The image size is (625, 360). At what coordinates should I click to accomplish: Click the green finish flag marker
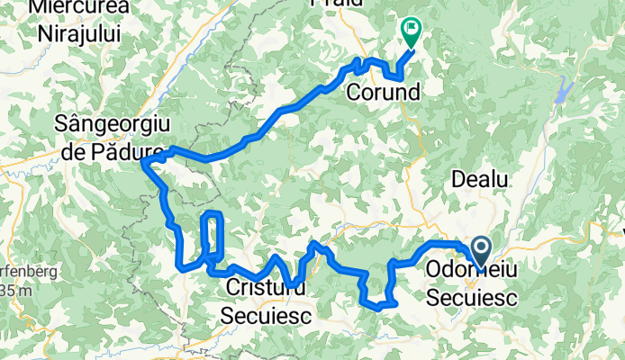[x=412, y=32]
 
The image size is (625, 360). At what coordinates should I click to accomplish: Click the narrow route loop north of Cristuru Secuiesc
[x=213, y=234]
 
